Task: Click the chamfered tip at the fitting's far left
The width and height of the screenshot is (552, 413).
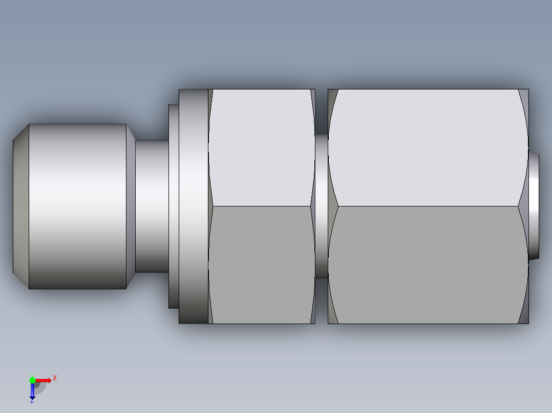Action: pyautogui.click(x=20, y=206)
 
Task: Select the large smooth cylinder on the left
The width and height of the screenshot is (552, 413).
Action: pyautogui.click(x=77, y=206)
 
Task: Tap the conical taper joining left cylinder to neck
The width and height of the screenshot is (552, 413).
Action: pyautogui.click(x=131, y=206)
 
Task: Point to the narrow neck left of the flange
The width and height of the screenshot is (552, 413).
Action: pyautogui.click(x=152, y=206)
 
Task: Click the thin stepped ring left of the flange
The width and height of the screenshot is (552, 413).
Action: pyautogui.click(x=174, y=206)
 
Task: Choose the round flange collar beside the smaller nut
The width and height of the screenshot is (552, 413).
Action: pyautogui.click(x=193, y=206)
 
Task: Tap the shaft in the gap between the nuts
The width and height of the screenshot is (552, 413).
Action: pyautogui.click(x=321, y=206)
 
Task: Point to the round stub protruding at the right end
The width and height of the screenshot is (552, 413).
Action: pyautogui.click(x=534, y=206)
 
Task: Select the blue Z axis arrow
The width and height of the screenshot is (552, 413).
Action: pyautogui.click(x=32, y=391)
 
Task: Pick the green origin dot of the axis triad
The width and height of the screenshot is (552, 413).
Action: pyautogui.click(x=32, y=380)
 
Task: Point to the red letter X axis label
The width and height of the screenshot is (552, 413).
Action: pyautogui.click(x=55, y=378)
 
